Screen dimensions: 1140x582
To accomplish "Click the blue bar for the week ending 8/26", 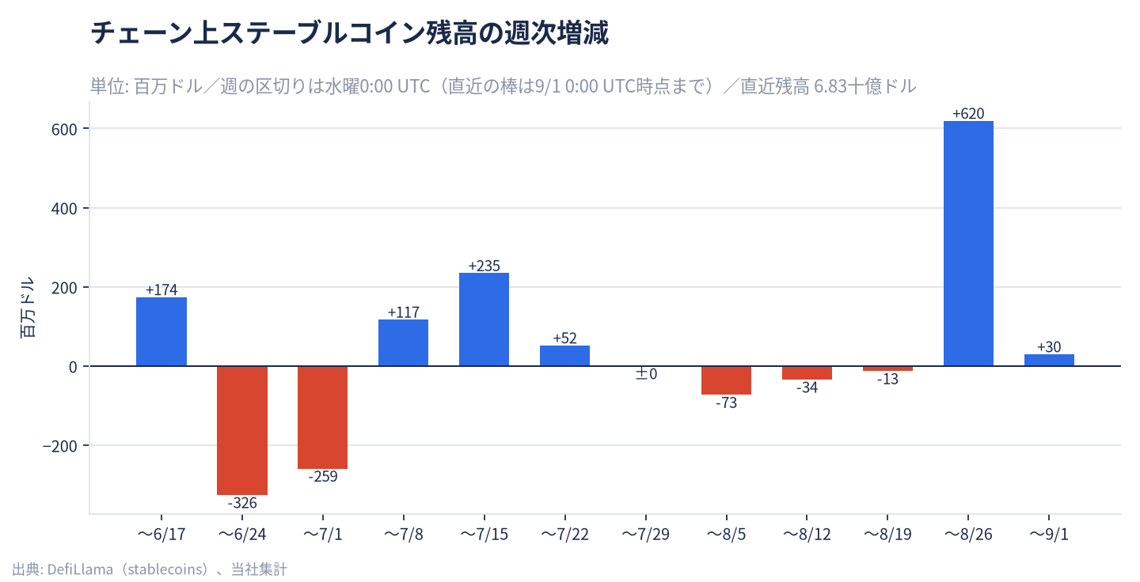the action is [x=968, y=244].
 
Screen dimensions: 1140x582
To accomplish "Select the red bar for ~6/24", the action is [x=242, y=430].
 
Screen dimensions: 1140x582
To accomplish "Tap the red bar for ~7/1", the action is [x=323, y=418].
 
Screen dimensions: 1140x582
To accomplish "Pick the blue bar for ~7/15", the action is [x=484, y=319].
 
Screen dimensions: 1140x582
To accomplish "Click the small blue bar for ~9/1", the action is [x=1049, y=360].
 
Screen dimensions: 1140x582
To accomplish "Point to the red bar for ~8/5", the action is [x=726, y=380].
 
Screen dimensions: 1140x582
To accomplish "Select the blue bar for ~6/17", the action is [x=161, y=331].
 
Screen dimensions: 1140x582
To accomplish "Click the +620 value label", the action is [x=968, y=113].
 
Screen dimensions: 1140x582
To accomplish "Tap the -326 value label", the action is [x=242, y=503].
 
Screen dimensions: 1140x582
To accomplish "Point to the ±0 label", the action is [x=646, y=374].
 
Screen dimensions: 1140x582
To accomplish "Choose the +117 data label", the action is [x=404, y=312].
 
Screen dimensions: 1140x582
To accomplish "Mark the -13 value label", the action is [x=887, y=380].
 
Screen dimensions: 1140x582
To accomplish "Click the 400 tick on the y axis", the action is [x=64, y=209].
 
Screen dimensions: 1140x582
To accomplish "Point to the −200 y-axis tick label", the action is [x=60, y=446].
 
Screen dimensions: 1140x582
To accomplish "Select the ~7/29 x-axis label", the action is [x=646, y=535].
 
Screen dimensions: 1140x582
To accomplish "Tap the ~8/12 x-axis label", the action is [x=807, y=535].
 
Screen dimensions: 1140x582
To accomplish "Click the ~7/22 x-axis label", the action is [x=565, y=535].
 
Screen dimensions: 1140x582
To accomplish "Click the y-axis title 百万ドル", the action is [x=28, y=307].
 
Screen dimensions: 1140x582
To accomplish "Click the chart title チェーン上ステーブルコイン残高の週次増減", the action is [x=350, y=33].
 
